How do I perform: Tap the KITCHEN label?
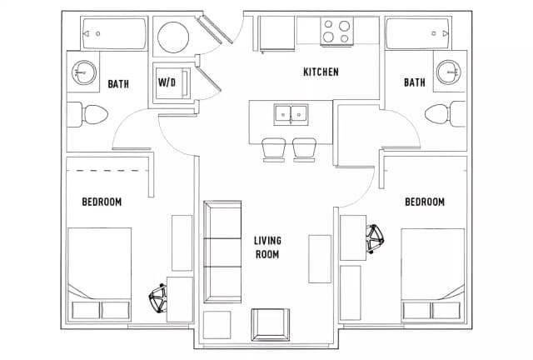(x=321, y=72)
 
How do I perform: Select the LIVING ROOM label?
(x=267, y=247)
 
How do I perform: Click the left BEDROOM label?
(x=102, y=202)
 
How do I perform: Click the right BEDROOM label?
(x=425, y=202)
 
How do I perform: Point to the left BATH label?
(x=117, y=83)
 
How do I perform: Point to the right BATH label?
(x=414, y=82)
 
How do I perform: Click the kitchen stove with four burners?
(x=337, y=32)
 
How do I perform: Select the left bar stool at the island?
(x=274, y=150)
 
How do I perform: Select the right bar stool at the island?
(x=305, y=150)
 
